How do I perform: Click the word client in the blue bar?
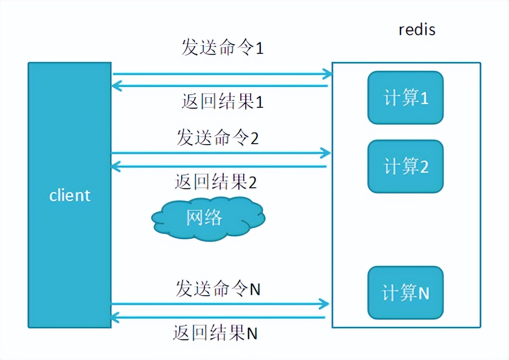70,195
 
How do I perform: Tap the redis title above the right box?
417,29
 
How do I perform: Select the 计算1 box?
406,98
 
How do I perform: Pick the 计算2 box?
406,166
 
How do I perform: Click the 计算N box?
406,292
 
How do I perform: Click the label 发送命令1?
222,48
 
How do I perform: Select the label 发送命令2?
217,138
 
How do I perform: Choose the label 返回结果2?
216,182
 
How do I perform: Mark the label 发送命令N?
218,289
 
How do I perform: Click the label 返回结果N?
215,334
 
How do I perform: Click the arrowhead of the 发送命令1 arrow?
328,74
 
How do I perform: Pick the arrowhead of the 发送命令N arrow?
324,304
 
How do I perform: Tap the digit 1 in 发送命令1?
259,49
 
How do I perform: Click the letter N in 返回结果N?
252,334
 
